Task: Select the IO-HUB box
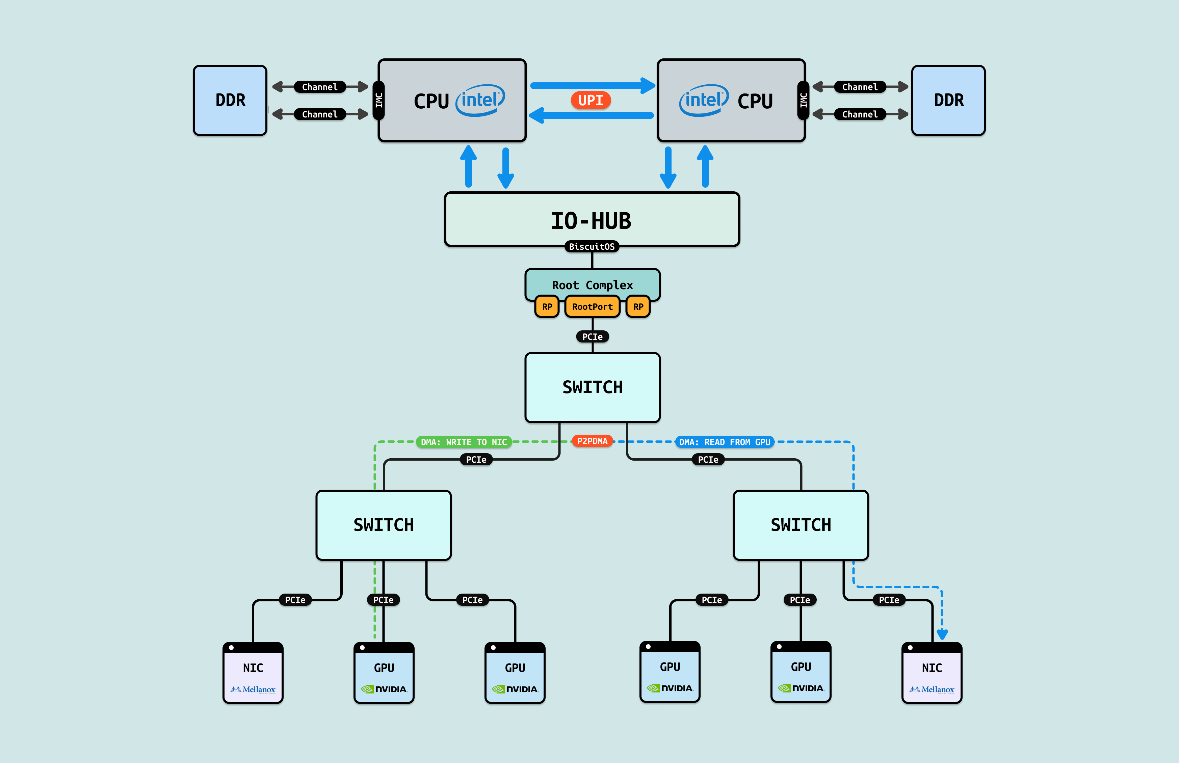click(592, 219)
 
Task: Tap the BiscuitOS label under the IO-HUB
click(592, 247)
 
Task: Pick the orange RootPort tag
click(592, 306)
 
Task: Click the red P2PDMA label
click(592, 441)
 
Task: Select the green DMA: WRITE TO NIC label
click(464, 442)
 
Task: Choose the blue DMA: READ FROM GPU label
click(725, 442)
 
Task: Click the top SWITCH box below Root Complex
click(593, 387)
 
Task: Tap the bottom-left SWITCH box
click(384, 525)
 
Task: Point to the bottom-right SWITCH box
click(801, 525)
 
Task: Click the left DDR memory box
click(230, 100)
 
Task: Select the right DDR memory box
click(948, 100)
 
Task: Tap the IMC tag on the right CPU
click(803, 101)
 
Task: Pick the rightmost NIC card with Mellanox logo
click(931, 673)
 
